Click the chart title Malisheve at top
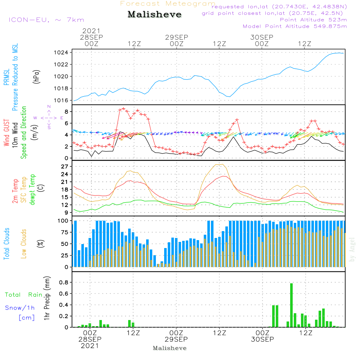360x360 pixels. point(155,15)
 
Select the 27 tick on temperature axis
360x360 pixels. point(65,167)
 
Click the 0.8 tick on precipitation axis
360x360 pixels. point(64,282)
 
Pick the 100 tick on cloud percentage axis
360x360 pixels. point(63,220)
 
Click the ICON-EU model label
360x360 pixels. point(46,20)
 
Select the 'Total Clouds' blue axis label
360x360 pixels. point(6,244)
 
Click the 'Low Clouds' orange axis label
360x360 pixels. point(24,244)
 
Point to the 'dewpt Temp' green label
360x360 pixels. point(32,190)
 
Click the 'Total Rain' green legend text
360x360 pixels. point(23,295)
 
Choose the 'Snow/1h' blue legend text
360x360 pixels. point(20,308)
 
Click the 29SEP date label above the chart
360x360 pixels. point(177,37)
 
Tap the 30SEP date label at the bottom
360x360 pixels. point(262,339)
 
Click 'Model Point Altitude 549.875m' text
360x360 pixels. point(295,26)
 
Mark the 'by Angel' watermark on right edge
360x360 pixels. point(352,250)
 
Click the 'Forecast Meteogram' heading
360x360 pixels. point(168,4)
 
